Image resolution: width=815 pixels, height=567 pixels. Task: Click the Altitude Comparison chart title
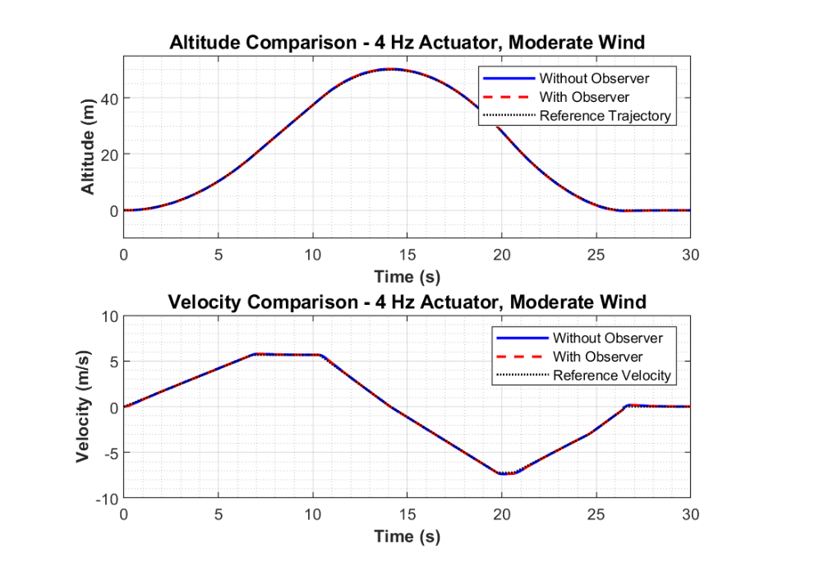tap(407, 43)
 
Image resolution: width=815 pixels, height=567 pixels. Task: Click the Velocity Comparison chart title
tap(407, 302)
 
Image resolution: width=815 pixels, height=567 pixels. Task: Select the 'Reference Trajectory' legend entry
tap(605, 116)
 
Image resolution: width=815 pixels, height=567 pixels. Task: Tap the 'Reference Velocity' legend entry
tap(612, 376)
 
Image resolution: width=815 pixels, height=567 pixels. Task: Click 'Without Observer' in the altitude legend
tap(594, 79)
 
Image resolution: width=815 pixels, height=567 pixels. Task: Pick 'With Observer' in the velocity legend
tap(597, 357)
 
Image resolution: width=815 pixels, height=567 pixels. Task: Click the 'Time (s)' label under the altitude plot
tap(407, 276)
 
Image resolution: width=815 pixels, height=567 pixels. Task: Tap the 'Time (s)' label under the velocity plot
tap(407, 537)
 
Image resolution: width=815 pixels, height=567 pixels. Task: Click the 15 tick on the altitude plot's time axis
tap(407, 255)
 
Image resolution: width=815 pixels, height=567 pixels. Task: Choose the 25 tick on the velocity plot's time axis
tap(596, 514)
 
